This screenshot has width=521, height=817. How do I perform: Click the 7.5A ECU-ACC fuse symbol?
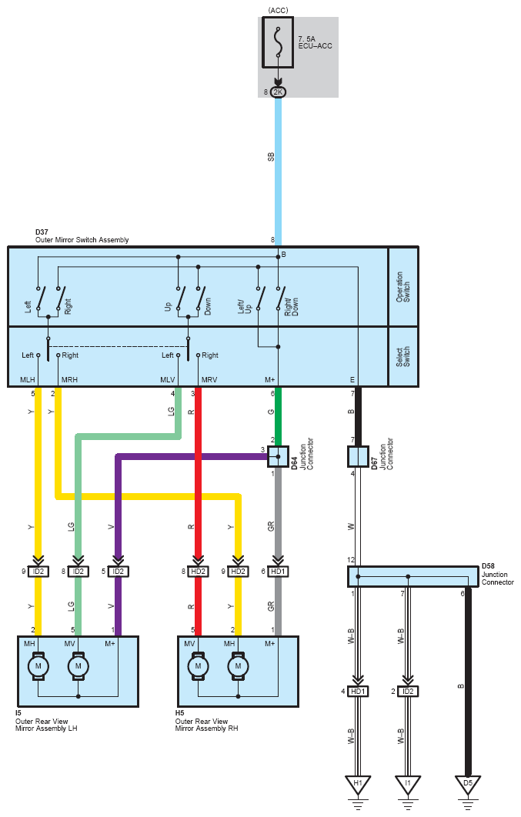tap(278, 42)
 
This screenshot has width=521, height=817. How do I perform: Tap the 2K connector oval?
tap(279, 92)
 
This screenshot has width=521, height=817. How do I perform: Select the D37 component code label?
tap(42, 232)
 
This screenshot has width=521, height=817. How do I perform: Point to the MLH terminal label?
tap(28, 380)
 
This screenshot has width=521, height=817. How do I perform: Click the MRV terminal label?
tap(209, 380)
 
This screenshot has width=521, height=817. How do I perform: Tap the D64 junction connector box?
tap(279, 456)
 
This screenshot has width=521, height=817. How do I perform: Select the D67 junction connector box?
tap(358, 456)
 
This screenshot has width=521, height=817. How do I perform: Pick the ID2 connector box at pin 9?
tap(38, 572)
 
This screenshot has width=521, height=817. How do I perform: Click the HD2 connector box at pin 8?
tap(198, 572)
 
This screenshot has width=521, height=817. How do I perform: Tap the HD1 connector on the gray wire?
tap(279, 572)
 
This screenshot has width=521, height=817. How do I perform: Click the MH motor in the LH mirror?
tap(38, 666)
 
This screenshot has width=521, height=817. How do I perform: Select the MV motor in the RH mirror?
tap(198, 666)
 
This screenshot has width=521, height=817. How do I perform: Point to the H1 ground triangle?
tap(358, 785)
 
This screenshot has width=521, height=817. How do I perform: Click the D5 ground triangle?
tap(468, 785)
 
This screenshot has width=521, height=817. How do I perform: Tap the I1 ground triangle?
tap(408, 785)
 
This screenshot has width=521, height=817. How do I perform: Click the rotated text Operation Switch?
tap(402, 287)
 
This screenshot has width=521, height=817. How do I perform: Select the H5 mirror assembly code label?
tap(180, 713)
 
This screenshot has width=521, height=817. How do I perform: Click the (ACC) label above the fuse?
tap(279, 11)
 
